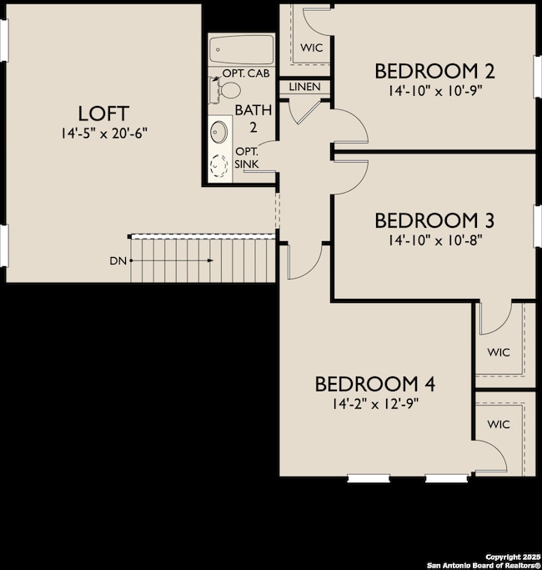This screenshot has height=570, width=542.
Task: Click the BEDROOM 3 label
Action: point(434,221)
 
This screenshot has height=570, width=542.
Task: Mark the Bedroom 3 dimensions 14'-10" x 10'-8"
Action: point(434,240)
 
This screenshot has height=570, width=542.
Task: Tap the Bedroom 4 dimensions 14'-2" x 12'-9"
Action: point(375,402)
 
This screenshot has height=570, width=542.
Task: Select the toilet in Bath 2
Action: point(230,88)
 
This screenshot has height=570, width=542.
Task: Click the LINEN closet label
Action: point(304,87)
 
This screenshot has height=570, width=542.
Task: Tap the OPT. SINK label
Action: point(247,158)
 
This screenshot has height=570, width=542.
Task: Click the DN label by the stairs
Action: point(118,260)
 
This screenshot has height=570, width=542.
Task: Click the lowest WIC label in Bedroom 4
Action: point(499,424)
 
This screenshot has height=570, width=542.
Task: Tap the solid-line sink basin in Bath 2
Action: point(220,132)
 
